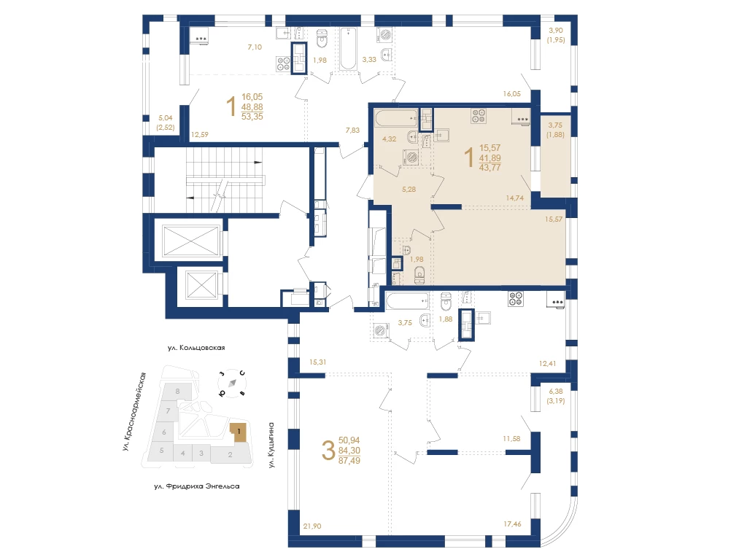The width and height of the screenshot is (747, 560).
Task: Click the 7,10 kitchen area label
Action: click(255, 47)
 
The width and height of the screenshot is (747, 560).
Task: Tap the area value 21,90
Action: click(312, 526)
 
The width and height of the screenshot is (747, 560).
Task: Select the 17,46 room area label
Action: click(512, 524)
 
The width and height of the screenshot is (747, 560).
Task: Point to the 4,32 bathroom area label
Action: click(390, 139)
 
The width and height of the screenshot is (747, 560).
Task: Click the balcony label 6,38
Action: click(556, 392)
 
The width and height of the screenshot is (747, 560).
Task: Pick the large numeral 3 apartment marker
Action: click(328, 451)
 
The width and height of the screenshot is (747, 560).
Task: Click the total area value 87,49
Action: click(349, 461)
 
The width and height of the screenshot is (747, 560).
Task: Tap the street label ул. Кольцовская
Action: click(196, 348)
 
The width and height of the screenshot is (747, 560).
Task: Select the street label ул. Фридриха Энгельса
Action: click(197, 486)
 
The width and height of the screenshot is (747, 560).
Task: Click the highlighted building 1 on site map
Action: click(239, 432)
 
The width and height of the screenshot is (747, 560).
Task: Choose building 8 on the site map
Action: click(178, 392)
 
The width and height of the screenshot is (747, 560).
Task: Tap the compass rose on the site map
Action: click(233, 383)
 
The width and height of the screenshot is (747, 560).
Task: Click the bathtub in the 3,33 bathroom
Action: click(348, 49)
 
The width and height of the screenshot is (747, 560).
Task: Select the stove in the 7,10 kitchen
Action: click(284, 64)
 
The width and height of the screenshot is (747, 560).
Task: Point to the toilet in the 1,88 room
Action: click(446, 301)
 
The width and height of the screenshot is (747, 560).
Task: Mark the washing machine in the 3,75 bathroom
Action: click(381, 330)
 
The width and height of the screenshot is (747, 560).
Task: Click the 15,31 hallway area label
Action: click(318, 362)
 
